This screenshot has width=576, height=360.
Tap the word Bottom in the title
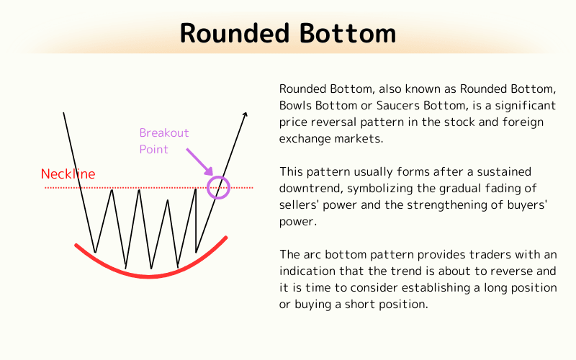[x=351, y=33]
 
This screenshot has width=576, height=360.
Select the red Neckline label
[x=68, y=174]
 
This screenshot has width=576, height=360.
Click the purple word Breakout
[x=164, y=133]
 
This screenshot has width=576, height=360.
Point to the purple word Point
[x=154, y=149]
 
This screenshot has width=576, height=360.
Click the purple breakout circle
[x=218, y=187]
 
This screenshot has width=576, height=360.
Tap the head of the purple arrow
[x=211, y=173]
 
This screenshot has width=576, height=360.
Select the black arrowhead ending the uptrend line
[x=245, y=115]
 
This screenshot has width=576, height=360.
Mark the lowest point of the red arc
[x=149, y=276]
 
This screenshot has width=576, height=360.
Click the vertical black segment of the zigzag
[x=196, y=220]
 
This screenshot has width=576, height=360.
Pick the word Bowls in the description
[x=295, y=105]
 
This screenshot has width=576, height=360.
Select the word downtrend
[x=310, y=189]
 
